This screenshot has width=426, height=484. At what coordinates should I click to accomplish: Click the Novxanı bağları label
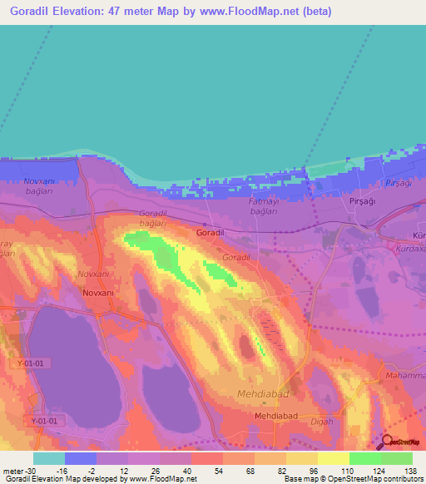pyautogui.click(x=39, y=185)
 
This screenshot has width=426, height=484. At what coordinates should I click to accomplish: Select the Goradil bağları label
pyautogui.click(x=153, y=219)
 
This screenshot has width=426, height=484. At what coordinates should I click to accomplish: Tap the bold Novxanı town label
pyautogui.click(x=99, y=292)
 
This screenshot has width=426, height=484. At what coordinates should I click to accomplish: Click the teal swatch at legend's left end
pyautogui.click(x=49, y=457)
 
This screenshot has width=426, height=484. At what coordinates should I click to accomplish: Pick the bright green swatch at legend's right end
pyautogui.click(x=397, y=457)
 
